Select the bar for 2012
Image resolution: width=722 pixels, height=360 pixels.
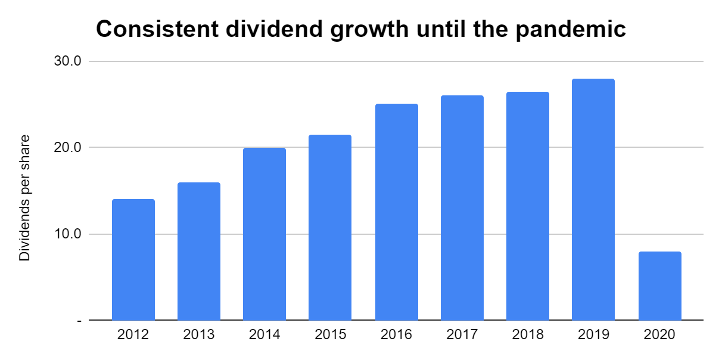tap(133, 260)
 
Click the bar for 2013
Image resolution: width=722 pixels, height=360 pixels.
tap(199, 252)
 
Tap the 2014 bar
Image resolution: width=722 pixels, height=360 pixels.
tap(264, 234)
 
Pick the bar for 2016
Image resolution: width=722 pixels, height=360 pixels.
tap(397, 212)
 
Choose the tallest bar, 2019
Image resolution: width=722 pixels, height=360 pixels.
tap(593, 200)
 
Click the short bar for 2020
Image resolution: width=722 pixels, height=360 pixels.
tap(659, 286)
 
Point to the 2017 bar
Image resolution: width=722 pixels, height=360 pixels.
tap(462, 208)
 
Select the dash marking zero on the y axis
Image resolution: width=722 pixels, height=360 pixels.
tap(79, 321)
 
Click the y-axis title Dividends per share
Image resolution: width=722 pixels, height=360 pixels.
tap(24, 198)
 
